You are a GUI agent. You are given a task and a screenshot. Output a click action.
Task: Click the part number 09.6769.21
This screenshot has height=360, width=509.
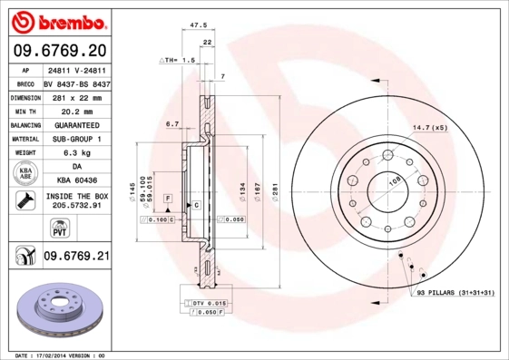pos(75,257)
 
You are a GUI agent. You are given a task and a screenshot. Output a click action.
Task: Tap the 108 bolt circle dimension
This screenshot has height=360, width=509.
pos(395,182)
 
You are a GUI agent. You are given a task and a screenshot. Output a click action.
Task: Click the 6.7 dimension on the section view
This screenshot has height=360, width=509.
pos(170,123)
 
